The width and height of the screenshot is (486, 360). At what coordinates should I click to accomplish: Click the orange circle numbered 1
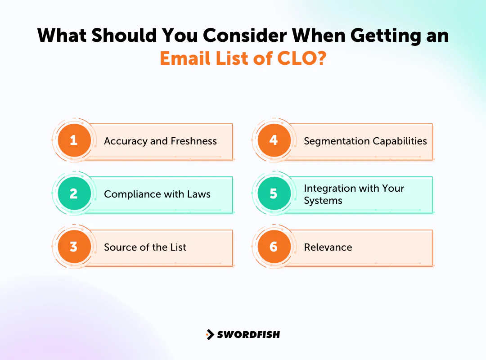(x=74, y=140)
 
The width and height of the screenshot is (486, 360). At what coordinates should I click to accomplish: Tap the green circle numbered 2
(x=74, y=194)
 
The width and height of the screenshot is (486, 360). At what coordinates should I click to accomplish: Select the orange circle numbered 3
(x=74, y=247)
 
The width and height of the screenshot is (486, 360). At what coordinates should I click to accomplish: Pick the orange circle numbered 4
(x=274, y=140)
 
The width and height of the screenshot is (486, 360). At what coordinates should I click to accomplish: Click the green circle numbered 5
(x=274, y=194)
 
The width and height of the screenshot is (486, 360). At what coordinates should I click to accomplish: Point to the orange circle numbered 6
(x=274, y=247)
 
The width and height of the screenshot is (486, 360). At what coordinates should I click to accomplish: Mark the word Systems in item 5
(x=323, y=201)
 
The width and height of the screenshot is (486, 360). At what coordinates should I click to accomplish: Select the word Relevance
(x=328, y=247)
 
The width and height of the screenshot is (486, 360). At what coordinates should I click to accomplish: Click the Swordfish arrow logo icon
(x=210, y=334)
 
